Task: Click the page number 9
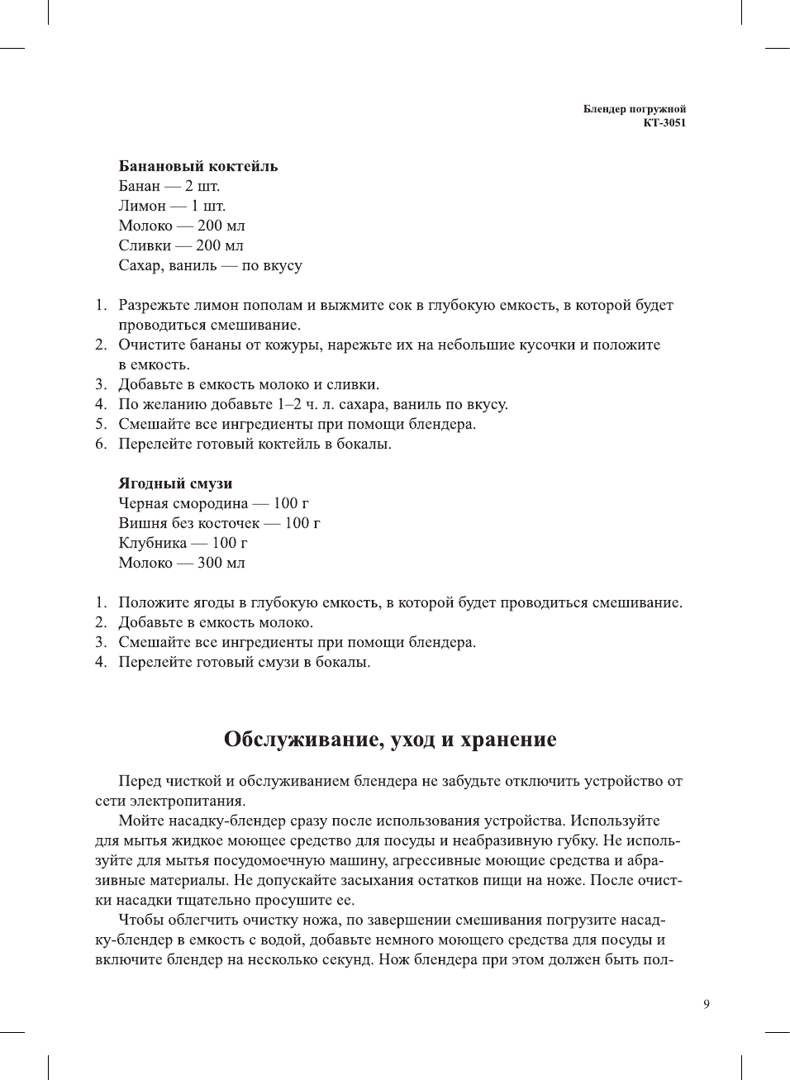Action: click(706, 1004)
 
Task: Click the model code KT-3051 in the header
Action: click(664, 123)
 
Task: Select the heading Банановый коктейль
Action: click(198, 166)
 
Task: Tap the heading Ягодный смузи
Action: click(175, 483)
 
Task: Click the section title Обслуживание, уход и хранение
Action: click(390, 739)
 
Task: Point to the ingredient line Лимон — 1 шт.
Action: click(172, 206)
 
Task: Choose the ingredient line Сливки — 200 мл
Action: click(181, 245)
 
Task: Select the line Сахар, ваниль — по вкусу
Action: click(210, 265)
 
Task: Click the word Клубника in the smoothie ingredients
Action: click(153, 543)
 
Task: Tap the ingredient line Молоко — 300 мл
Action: click(182, 563)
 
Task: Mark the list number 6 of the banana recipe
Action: click(101, 444)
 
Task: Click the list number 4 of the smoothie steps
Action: click(101, 662)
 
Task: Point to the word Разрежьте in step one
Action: click(155, 305)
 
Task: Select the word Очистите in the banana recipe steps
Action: click(151, 345)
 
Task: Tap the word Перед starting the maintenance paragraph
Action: click(140, 781)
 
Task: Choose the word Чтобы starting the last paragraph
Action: click(142, 920)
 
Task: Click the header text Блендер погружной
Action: click(634, 109)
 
